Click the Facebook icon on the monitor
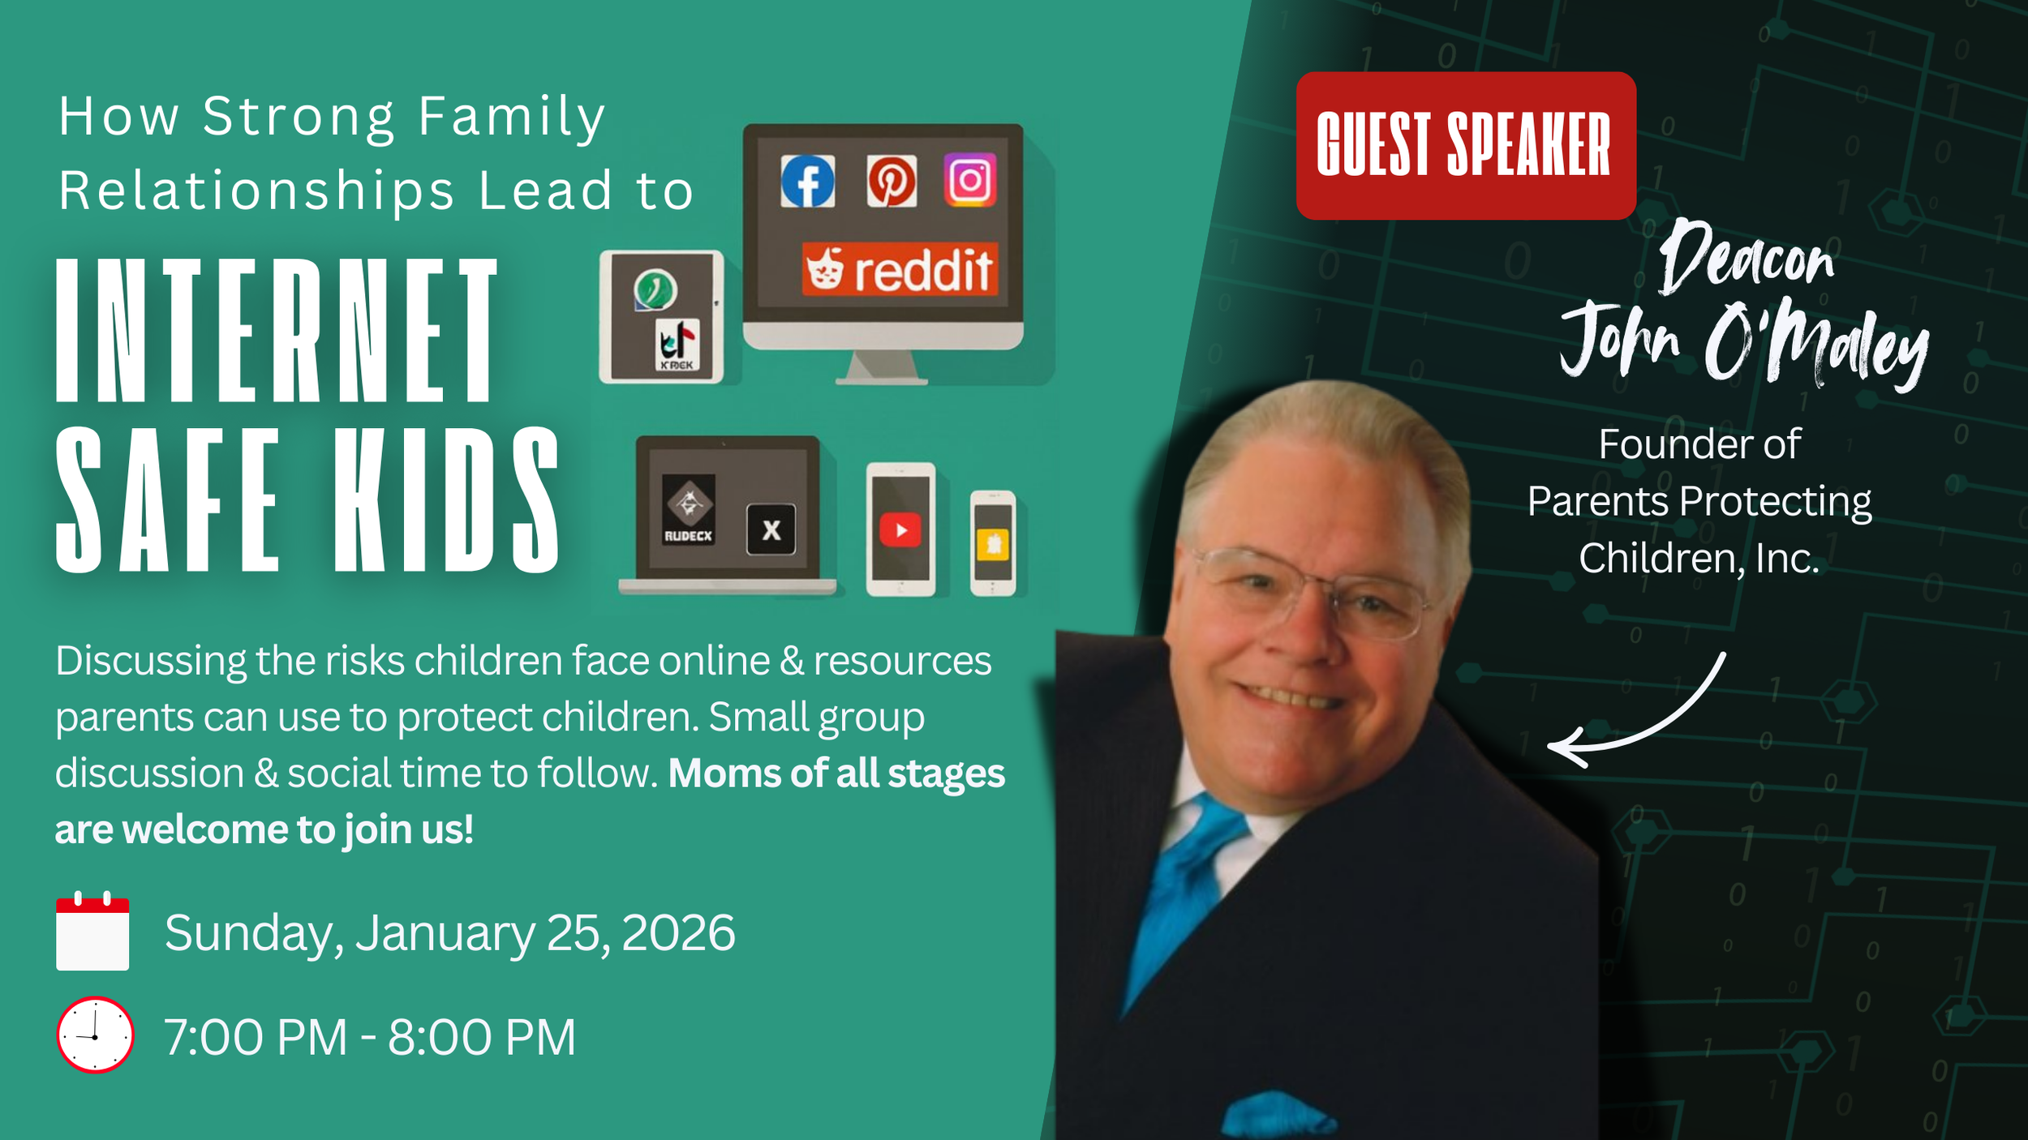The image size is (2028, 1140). coord(807,181)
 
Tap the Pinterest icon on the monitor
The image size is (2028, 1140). coord(892,181)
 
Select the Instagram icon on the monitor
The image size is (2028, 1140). coord(970,180)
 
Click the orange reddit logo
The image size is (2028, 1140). coord(900,269)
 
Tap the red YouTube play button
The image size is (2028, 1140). coord(900,530)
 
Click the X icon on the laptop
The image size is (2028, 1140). coord(771,529)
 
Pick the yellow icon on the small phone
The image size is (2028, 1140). coord(994,544)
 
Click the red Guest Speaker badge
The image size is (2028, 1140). coord(1465,145)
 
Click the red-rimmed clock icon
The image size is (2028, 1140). coord(95,1035)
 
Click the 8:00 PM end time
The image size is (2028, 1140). coord(481,1037)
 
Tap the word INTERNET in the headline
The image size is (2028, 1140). coord(277,330)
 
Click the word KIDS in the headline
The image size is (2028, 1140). coord(445,499)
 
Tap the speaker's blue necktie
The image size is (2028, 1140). coord(1184,884)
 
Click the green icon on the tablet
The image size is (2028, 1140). coord(655,289)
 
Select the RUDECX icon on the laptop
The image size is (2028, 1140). coord(689,509)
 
